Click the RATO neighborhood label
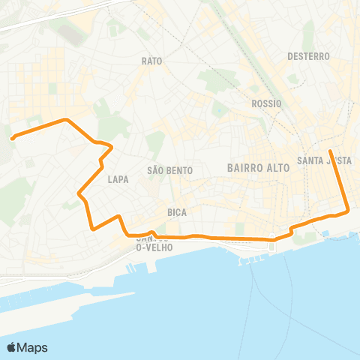pos(151,60)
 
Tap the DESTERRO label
pos(308,56)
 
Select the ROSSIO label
pos(266,103)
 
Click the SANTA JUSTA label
pos(324,160)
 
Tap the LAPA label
pos(118,179)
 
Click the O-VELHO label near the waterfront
pos(154,247)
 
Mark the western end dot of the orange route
pos(13,136)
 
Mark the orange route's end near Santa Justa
pos(331,151)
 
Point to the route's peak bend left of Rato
pos(67,119)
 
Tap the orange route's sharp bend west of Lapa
pos(79,194)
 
